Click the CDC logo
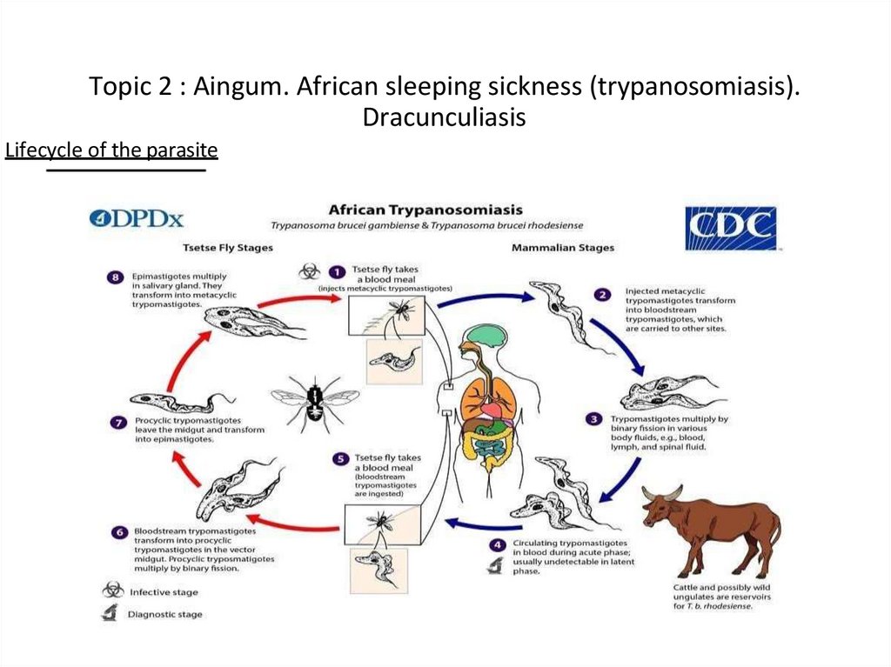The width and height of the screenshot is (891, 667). click(730, 228)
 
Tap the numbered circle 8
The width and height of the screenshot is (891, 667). click(115, 277)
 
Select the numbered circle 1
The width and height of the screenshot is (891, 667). click(337, 270)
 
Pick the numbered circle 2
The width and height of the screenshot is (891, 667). click(602, 294)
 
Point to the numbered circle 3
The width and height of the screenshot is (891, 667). click(593, 419)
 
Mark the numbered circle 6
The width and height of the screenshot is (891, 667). click(118, 531)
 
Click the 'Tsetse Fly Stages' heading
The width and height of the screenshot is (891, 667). click(227, 247)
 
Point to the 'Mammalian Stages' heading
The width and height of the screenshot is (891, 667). click(562, 247)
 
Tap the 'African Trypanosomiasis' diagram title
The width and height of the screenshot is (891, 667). click(425, 210)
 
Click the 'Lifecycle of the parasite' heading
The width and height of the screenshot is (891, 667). click(111, 150)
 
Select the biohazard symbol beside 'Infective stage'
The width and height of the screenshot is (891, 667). click(112, 590)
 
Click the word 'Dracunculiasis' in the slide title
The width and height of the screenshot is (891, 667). click(444, 117)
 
